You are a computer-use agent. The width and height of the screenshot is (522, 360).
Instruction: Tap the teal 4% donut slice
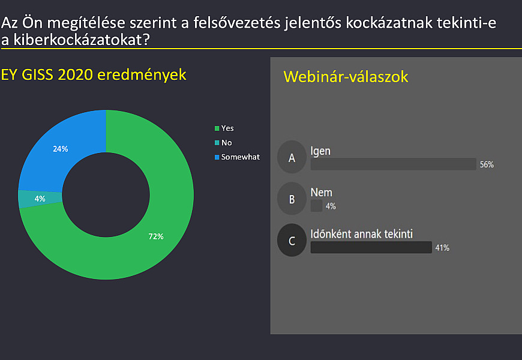coord(40,199)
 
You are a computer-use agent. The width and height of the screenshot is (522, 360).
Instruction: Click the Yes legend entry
coord(224,128)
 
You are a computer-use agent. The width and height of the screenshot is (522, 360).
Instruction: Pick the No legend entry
coord(223,143)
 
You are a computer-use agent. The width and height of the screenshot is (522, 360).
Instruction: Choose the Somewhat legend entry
coord(237,157)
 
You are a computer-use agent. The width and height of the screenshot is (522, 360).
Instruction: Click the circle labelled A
coord(292,157)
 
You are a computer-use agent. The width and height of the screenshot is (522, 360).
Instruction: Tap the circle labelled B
coord(292,199)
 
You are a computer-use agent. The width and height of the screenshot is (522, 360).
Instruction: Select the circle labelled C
coord(292,240)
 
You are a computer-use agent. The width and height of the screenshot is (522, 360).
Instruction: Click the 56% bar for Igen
coord(393,164)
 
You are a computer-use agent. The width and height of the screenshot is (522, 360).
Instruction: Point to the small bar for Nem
coord(316,206)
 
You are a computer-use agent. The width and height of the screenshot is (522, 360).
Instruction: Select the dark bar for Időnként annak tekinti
coord(371,247)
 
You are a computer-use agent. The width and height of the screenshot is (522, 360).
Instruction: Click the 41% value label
coord(442,248)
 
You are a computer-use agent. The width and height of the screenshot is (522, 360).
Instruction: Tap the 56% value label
coord(487,164)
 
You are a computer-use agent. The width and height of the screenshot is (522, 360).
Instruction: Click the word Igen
coord(320,152)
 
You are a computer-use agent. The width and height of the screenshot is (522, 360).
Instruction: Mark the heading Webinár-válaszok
coord(346,77)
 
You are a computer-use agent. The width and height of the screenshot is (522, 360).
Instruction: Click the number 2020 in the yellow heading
coord(75,74)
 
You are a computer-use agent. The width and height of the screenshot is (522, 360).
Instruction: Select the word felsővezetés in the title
coord(237,23)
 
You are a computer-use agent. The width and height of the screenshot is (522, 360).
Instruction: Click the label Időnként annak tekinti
coord(362,234)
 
